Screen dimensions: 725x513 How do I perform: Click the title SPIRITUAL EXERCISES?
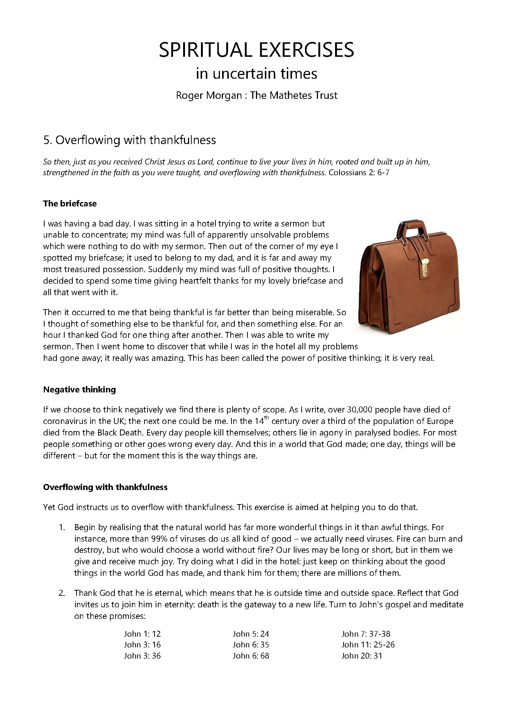tap(256, 50)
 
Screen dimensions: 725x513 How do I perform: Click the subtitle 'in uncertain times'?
tap(256, 74)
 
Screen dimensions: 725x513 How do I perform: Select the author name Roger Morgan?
tap(209, 95)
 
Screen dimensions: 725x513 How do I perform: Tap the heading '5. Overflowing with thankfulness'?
tap(130, 140)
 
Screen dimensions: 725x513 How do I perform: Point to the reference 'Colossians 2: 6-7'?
tap(359, 173)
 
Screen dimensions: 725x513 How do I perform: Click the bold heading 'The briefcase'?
tap(70, 203)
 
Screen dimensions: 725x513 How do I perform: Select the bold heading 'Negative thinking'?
tap(79, 389)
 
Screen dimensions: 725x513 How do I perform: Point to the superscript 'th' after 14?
tap(266, 418)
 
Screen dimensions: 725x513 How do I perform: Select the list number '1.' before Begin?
tap(62, 528)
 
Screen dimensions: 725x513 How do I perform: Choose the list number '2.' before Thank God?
tap(62, 593)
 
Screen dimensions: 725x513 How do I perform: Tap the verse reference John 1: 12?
tap(142, 634)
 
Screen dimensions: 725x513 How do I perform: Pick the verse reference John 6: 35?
tap(251, 645)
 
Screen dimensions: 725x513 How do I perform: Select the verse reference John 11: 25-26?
tap(368, 645)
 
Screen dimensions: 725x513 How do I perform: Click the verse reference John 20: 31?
tap(361, 656)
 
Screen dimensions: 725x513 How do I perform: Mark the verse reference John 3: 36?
tap(142, 656)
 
